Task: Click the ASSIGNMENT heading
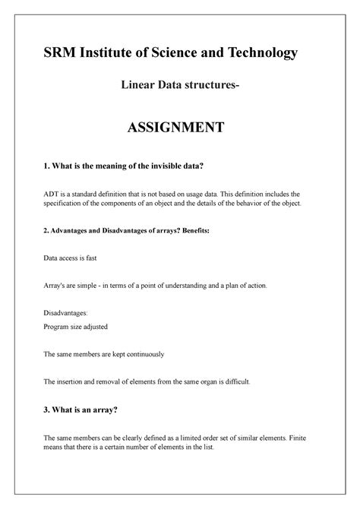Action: tap(179, 127)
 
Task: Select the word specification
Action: tap(67, 204)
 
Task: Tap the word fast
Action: tap(106, 258)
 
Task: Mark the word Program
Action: tap(59, 326)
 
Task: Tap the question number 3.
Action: tap(46, 410)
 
